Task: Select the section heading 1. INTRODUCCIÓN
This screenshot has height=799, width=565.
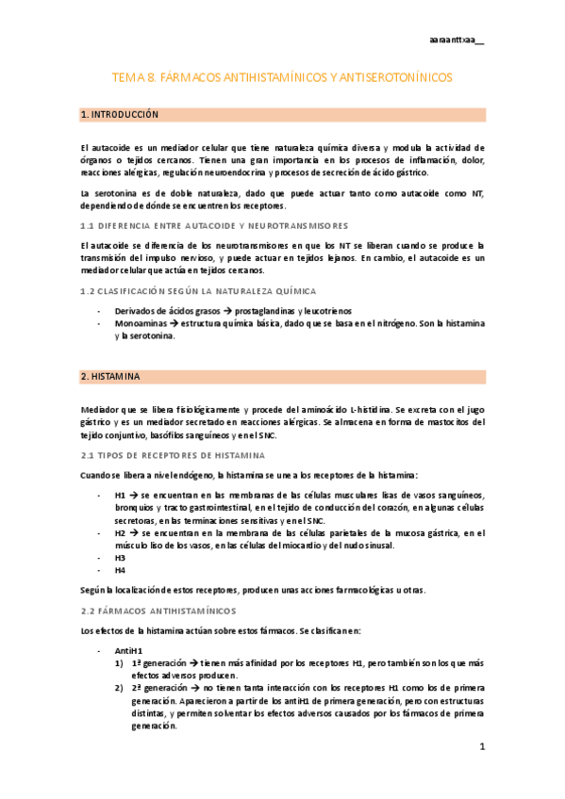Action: pyautogui.click(x=120, y=114)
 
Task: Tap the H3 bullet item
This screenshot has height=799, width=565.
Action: pyautogui.click(x=120, y=557)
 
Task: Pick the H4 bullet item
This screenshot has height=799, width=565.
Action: pyautogui.click(x=120, y=570)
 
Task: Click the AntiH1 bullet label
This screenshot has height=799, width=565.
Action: pyautogui.click(x=127, y=650)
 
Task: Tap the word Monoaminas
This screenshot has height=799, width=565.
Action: pyautogui.click(x=142, y=323)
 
